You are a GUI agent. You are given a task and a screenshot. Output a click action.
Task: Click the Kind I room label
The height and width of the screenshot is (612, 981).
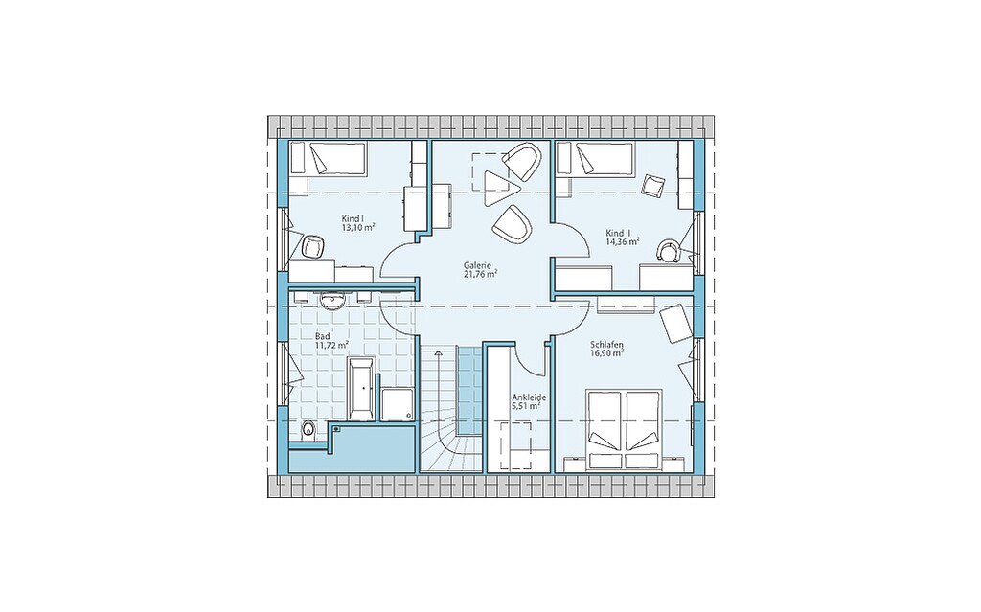click(x=353, y=219)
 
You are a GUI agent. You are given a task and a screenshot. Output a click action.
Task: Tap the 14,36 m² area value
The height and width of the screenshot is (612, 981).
click(x=623, y=241)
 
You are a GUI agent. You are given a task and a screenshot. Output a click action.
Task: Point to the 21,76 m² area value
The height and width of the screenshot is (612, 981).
click(x=481, y=274)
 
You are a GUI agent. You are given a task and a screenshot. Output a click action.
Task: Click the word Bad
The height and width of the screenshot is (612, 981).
click(x=323, y=336)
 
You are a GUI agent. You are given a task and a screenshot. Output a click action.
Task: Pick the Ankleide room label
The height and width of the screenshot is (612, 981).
click(x=529, y=397)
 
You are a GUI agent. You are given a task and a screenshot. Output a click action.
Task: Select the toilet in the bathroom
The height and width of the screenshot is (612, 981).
click(x=308, y=431)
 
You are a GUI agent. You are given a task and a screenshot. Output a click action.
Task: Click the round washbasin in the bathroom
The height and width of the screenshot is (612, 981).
click(x=331, y=302)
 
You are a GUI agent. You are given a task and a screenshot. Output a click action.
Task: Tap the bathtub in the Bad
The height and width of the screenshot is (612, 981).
click(x=362, y=389)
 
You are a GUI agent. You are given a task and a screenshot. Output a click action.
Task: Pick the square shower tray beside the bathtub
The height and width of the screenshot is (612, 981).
click(x=398, y=404)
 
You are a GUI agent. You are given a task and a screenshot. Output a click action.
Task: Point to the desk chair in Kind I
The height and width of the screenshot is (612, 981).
click(x=311, y=246)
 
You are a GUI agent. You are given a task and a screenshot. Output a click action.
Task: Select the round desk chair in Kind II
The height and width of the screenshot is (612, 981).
click(x=668, y=250)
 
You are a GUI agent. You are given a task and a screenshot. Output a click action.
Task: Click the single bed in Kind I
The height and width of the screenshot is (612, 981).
click(x=328, y=159)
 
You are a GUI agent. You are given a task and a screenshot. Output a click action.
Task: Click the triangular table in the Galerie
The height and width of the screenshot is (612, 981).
click(x=500, y=187)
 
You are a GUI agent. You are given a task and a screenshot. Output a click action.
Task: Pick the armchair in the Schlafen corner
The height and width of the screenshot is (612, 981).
click(x=673, y=323)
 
